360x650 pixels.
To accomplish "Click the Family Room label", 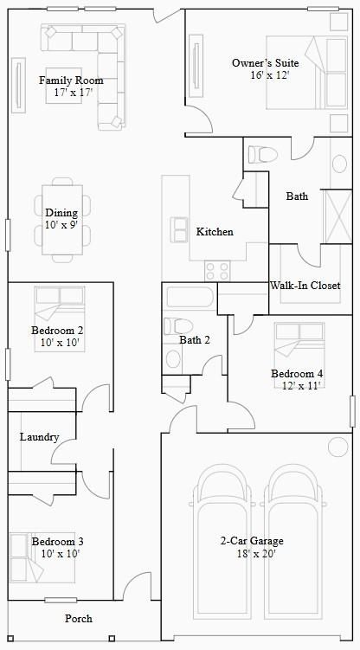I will click(x=66, y=80).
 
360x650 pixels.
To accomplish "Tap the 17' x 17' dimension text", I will click(x=73, y=92).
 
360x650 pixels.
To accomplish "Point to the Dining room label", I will click(x=61, y=213).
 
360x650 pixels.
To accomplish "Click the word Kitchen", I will click(x=215, y=232).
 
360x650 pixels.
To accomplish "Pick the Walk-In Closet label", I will click(x=305, y=286).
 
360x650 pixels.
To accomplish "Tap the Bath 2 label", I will click(x=195, y=340).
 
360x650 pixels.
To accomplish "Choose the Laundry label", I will click(x=39, y=437).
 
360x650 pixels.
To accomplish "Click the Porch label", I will click(x=79, y=619).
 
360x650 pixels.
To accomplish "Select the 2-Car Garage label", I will click(x=252, y=542).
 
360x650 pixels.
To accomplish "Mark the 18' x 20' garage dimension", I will click(x=252, y=554).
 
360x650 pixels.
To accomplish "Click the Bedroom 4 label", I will click(x=297, y=374).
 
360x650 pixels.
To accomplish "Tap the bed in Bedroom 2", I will click(x=60, y=305).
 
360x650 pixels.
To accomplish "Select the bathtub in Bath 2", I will click(x=189, y=299).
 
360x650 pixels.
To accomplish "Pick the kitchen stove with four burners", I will click(x=217, y=270).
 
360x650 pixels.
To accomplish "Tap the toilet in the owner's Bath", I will click(x=261, y=155).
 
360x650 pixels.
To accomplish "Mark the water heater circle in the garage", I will click(x=337, y=447).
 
